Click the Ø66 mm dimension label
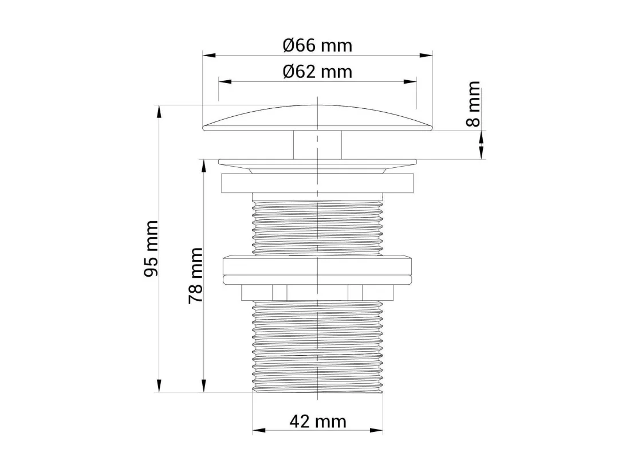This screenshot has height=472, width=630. coord(317,45)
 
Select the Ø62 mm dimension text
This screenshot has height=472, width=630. coord(317,72)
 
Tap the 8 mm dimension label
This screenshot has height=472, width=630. coord(474,104)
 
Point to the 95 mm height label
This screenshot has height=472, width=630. coord(151,248)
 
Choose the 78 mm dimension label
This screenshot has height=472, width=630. coord(196,276)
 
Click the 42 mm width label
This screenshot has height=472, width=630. coord(318,422)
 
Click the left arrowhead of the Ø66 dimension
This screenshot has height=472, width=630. coord(209,56)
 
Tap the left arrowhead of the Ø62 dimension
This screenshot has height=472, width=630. coord(225,82)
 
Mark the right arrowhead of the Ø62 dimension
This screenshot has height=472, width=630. coord(410,82)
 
